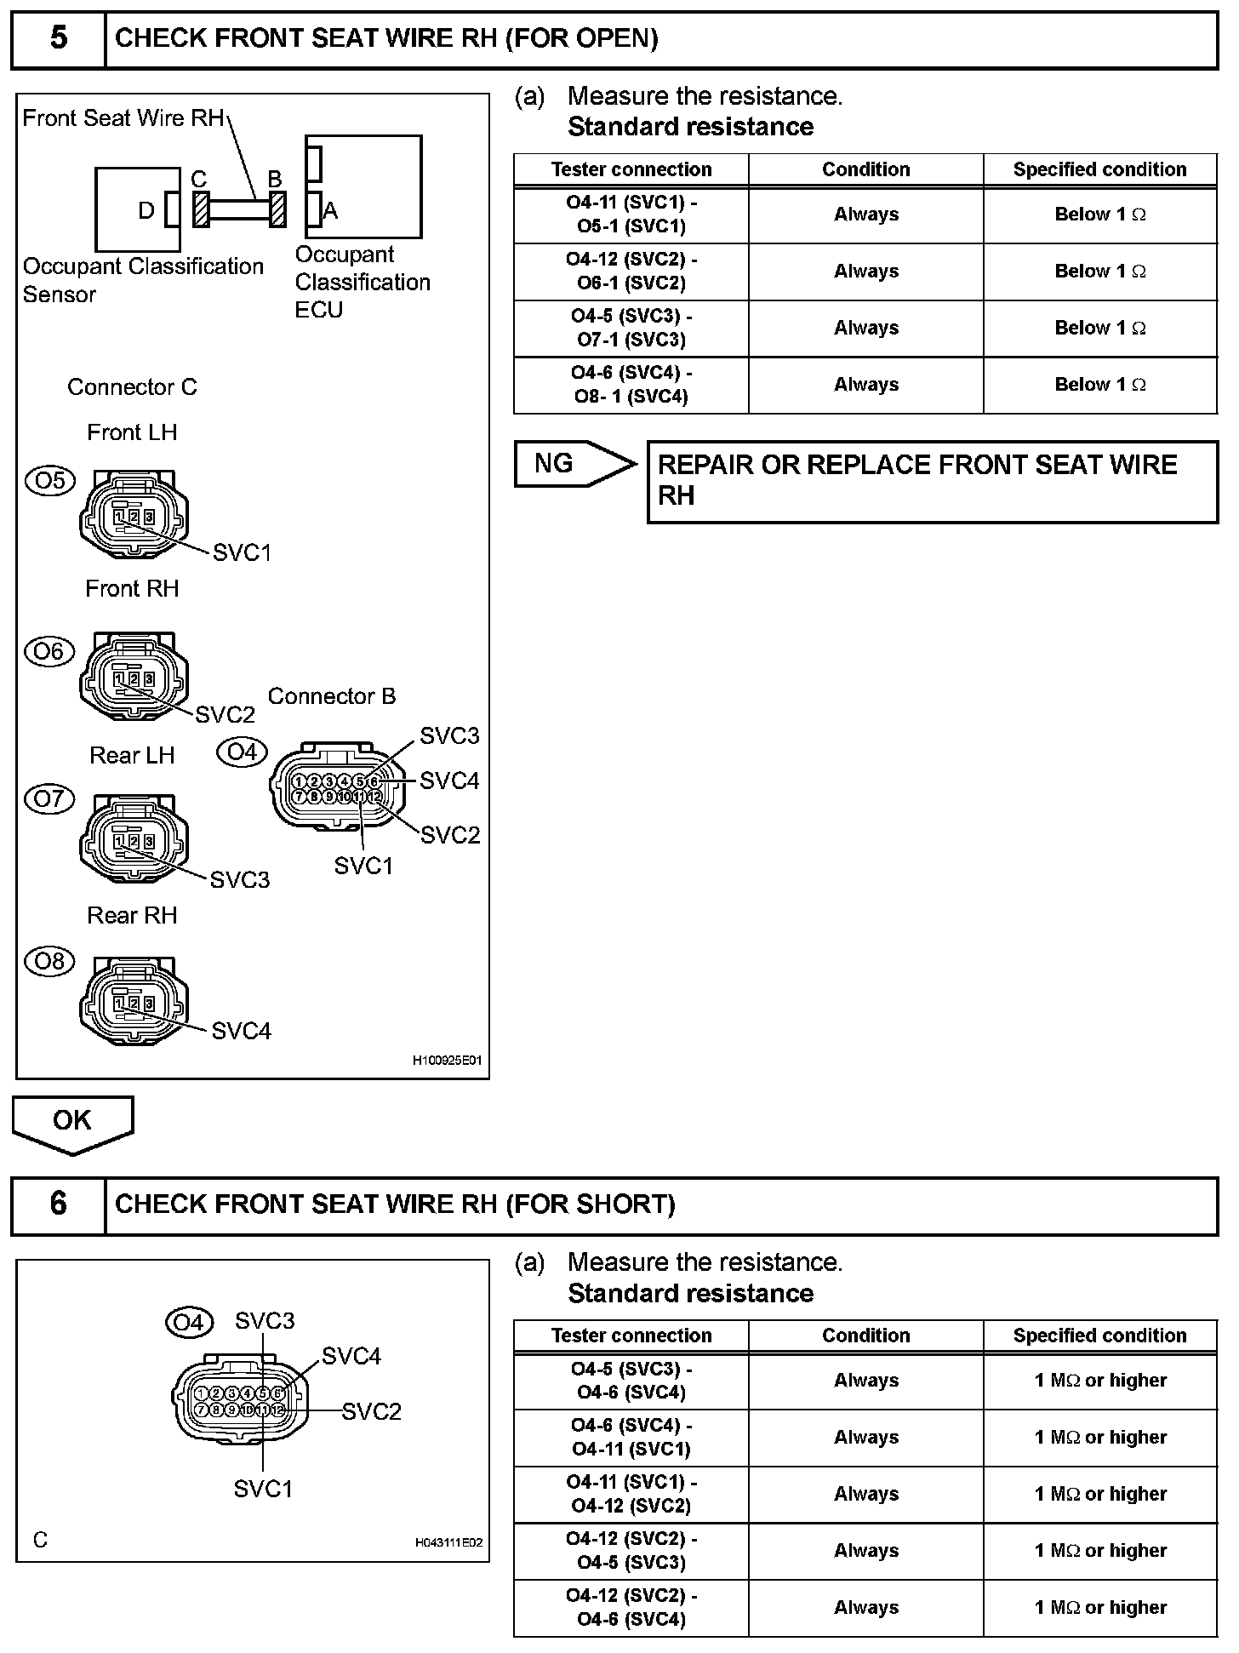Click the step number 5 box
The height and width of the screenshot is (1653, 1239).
click(x=58, y=39)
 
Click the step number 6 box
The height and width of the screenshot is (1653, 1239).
click(x=58, y=1204)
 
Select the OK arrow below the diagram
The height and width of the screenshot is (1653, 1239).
click(x=72, y=1122)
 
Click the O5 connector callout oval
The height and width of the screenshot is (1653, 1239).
click(x=50, y=481)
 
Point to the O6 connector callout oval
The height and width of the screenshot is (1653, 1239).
click(x=50, y=652)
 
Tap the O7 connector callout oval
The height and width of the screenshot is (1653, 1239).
click(x=50, y=799)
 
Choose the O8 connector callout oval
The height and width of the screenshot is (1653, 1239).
click(x=50, y=962)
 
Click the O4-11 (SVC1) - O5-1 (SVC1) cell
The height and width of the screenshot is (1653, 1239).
click(x=631, y=214)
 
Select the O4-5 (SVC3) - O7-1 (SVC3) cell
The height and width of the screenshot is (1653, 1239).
click(x=631, y=328)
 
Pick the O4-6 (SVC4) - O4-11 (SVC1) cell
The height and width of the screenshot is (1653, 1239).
click(x=631, y=1437)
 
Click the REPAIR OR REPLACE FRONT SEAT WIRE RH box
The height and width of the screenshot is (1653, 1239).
click(x=932, y=481)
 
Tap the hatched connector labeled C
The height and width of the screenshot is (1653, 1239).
click(x=202, y=209)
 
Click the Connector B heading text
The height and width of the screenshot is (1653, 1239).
click(x=332, y=696)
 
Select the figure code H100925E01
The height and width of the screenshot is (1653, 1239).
click(x=447, y=1061)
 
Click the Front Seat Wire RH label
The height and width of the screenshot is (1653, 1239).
click(x=123, y=118)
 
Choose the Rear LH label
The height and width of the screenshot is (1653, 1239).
click(x=132, y=755)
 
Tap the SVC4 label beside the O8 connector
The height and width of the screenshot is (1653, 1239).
click(x=241, y=1031)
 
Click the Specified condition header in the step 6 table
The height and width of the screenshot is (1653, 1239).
click(x=1099, y=1336)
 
